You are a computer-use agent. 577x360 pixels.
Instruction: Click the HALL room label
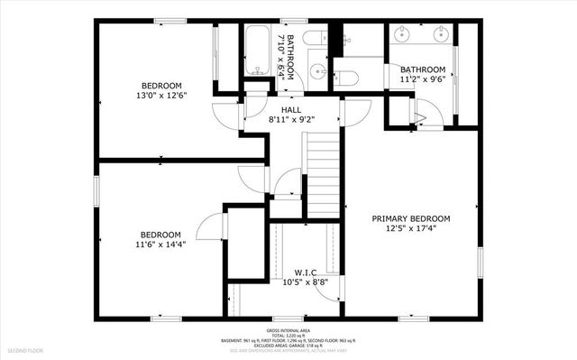290,109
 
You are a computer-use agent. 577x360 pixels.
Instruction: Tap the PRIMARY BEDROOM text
412,218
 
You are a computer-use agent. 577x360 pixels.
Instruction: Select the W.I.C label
304,272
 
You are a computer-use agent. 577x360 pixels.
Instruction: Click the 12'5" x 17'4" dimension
412,228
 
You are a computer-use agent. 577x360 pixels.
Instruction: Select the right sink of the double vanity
442,37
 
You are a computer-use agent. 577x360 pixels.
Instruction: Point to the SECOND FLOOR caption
26,349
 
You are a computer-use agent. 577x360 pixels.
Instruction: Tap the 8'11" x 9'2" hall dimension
290,119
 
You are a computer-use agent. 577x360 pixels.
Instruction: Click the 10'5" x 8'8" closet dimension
304,282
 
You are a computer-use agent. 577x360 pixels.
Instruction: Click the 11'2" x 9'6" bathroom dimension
423,79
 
